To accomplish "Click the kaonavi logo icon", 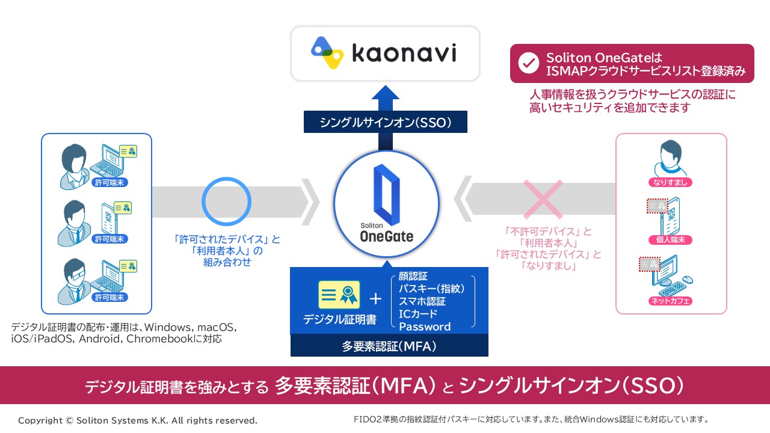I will (327, 54).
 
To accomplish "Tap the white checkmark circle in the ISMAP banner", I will (528, 63).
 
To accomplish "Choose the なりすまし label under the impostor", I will (670, 182).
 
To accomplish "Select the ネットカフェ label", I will (670, 300).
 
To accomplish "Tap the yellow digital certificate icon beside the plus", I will (339, 295).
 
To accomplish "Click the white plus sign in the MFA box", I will (375, 299).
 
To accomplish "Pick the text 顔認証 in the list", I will (413, 276).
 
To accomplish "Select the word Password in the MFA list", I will (425, 327).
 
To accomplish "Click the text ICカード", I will (418, 314).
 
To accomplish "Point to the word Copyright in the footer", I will (40, 420).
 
